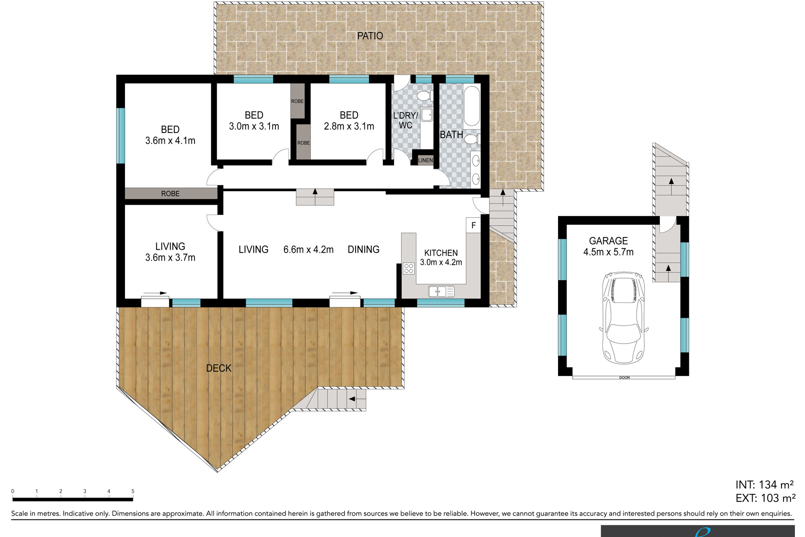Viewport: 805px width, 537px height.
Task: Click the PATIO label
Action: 370,36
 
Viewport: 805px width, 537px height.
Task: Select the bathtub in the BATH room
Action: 472,107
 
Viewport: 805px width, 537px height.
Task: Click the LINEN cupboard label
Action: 425,160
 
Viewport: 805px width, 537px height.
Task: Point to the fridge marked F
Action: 473,225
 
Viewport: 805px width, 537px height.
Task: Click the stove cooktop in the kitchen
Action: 408,268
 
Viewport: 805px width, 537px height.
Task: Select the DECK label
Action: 218,368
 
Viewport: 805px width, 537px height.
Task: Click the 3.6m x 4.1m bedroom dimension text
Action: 170,141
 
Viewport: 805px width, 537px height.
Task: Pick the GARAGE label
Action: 608,241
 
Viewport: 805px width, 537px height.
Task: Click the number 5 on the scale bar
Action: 133,491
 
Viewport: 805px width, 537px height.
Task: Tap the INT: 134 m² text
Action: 764,485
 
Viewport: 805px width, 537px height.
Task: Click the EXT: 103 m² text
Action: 765,498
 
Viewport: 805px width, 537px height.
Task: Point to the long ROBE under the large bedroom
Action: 170,193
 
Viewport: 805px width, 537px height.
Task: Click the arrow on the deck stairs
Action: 352,399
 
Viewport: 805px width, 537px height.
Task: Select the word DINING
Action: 364,250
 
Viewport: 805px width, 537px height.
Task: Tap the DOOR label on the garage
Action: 624,378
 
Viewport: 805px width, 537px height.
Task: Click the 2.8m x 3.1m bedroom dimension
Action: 349,126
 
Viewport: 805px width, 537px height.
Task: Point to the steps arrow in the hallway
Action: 315,192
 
